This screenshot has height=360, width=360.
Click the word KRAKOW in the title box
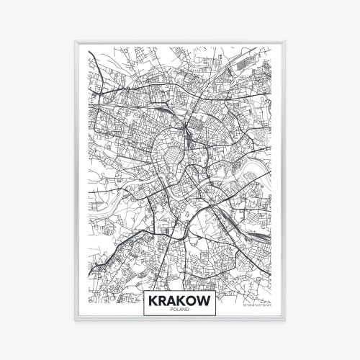[x=180, y=300]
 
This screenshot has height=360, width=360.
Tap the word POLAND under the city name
[x=180, y=310]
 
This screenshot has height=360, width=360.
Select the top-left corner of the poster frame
[x=74, y=42]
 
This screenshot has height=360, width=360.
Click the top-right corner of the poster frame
[x=286, y=42]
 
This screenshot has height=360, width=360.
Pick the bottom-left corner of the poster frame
[x=74, y=320]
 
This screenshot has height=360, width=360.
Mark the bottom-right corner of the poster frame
[x=286, y=320]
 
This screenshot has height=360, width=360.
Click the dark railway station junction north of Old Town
[x=186, y=130]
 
